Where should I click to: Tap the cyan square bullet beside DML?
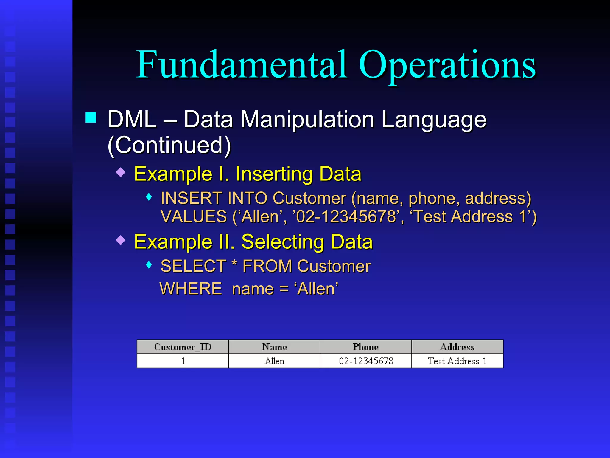[91, 117]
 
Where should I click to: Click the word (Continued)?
[169, 145]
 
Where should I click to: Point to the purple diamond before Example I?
[121, 172]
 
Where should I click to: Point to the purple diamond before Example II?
[121, 240]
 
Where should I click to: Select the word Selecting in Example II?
[282, 242]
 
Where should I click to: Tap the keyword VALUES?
[194, 216]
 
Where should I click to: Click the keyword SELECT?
[193, 266]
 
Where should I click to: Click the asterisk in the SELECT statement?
[234, 264]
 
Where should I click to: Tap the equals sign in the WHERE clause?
[284, 289]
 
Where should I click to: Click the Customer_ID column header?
[183, 347]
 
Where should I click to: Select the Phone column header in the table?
[366, 347]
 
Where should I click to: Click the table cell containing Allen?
[274, 361]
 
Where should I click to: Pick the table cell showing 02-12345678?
[366, 361]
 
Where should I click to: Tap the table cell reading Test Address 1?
[457, 361]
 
